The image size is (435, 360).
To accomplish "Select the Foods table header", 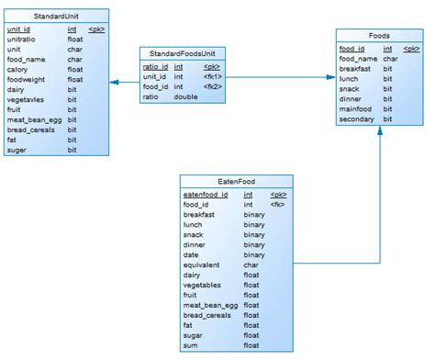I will coord(379,36).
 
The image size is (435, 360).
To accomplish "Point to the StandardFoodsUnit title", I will coord(183,54).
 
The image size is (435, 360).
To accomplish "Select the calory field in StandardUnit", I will coord(18,69).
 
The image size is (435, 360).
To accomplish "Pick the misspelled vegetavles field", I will coord(28,99).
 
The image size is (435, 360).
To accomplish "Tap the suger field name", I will coord(18,150).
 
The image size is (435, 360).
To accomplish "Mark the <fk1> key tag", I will coord(213,77).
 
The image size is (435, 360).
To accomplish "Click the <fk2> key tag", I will coord(213,87).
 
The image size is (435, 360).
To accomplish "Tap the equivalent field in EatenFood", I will coord(202,265).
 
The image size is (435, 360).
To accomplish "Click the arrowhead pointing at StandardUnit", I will coord(114,83).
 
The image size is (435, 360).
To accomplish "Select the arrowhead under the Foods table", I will coord(379,136).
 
